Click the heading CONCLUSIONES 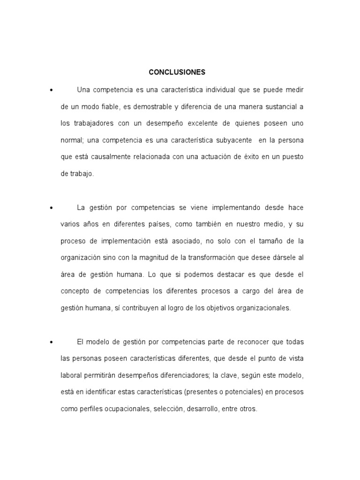tap(177, 72)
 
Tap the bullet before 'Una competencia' tap(50, 90)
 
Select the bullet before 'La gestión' tap(50, 207)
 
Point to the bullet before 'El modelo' tap(50, 341)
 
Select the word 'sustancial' tap(282, 106)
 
